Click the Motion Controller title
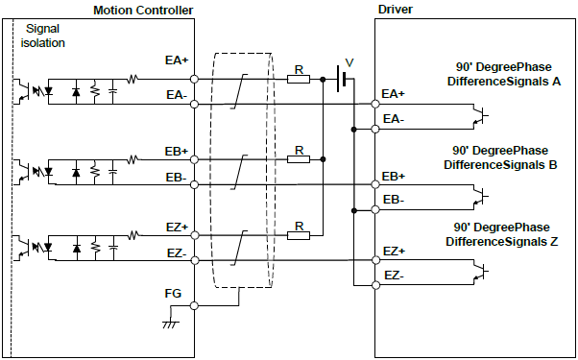[x=143, y=10]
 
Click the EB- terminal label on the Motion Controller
[x=176, y=179]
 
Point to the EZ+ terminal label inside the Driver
[x=394, y=252]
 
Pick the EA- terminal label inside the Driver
[x=394, y=118]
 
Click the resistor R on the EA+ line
[x=299, y=79]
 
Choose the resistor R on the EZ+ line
[x=299, y=235]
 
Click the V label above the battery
[x=349, y=61]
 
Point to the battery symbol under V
[x=341, y=79]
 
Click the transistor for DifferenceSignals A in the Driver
[x=479, y=117]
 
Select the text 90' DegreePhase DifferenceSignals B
[x=499, y=157]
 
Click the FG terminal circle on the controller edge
[x=195, y=306]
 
